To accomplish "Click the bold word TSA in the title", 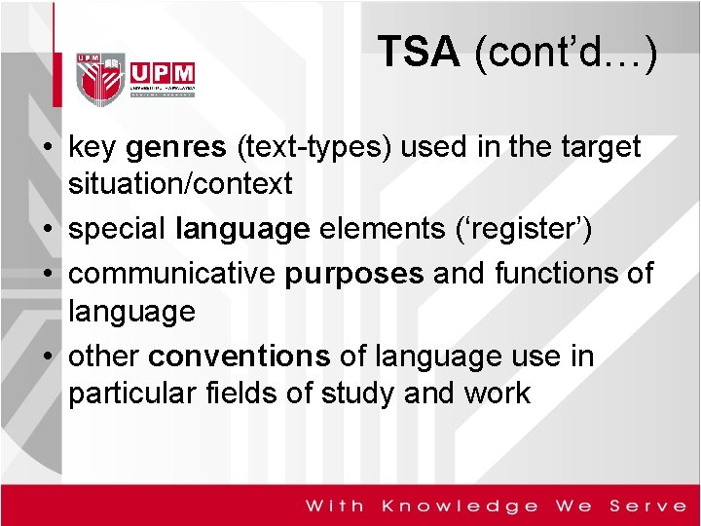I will point(418,52).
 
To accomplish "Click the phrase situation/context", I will point(180,184).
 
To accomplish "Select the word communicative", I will point(172,274).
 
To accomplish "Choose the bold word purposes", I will point(354,274).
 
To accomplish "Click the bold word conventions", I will point(241,356).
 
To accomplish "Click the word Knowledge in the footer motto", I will point(461,506).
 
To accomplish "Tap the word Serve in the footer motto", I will point(648,506).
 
